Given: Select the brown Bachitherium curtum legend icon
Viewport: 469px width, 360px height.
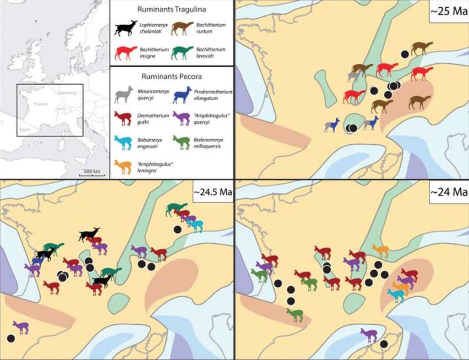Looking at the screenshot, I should [182, 28].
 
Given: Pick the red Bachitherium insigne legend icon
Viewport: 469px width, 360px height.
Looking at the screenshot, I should [125, 53].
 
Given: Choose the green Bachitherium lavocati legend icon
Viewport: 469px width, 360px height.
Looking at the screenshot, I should [182, 53].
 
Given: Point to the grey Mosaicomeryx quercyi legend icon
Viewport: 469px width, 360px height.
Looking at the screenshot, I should [124, 94].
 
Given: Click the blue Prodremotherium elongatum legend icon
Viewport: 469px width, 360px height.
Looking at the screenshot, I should [182, 95].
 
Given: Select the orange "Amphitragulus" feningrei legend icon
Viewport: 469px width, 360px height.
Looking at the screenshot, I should [123, 166].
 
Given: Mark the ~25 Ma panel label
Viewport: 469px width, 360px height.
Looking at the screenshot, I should [447, 11].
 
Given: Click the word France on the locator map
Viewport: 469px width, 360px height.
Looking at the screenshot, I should [41, 104].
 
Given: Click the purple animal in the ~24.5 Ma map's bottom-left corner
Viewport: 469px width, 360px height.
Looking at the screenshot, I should [21, 327].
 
